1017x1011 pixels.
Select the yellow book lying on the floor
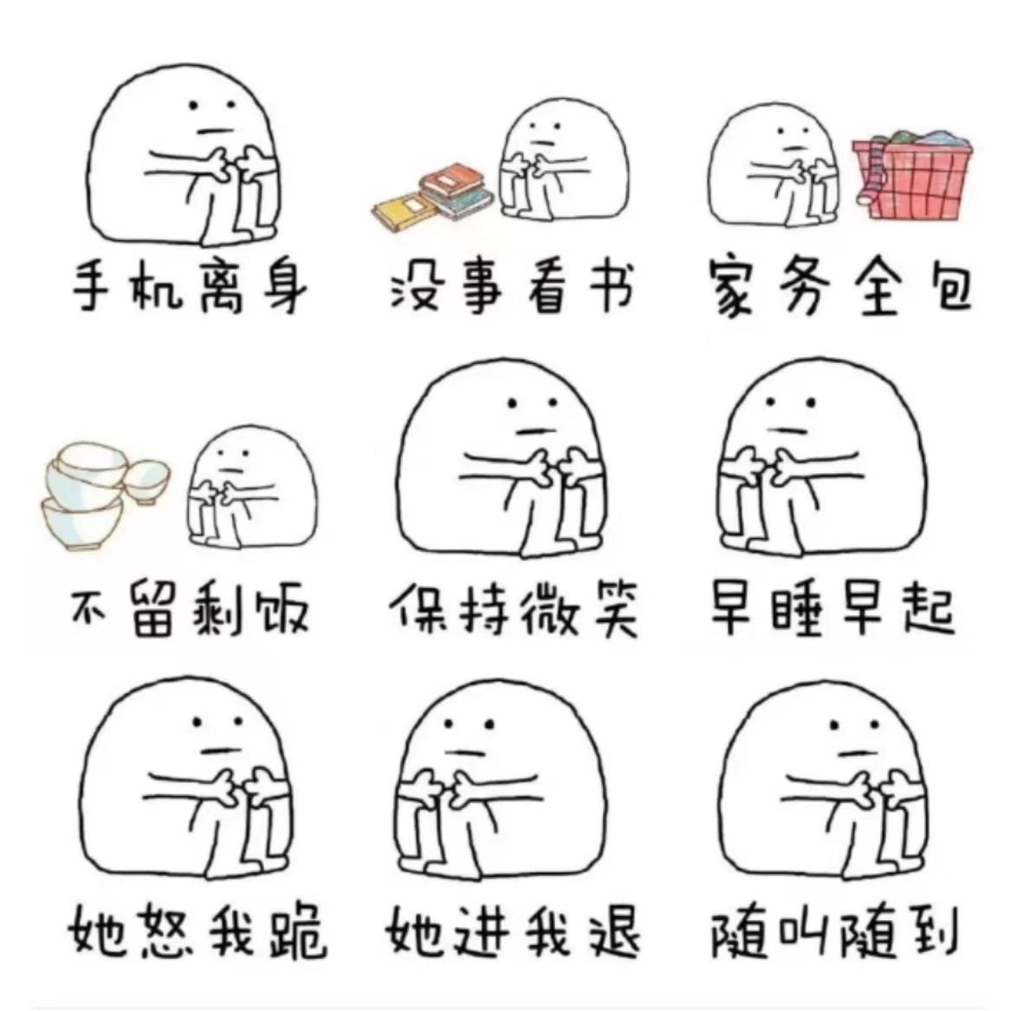[403, 209]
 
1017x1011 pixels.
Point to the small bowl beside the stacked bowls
[147, 481]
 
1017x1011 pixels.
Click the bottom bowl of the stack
[82, 522]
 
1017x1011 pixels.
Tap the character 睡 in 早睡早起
[799, 610]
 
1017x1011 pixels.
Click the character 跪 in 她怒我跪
[298, 932]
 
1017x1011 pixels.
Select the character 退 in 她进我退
[613, 932]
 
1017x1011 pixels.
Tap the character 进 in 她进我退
[481, 932]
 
